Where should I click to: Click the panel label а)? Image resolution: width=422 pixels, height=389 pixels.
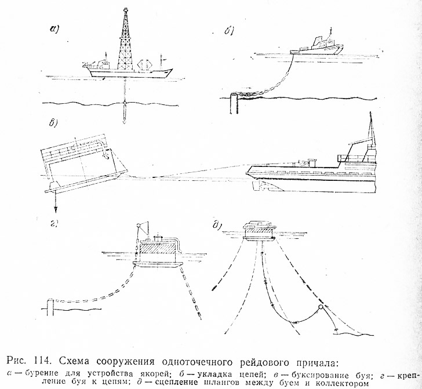[56, 30]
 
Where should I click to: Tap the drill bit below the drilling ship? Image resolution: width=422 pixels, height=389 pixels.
[126, 113]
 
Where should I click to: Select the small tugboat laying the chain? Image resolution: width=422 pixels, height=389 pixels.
[316, 46]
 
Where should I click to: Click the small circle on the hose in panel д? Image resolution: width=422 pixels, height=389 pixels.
[319, 308]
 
